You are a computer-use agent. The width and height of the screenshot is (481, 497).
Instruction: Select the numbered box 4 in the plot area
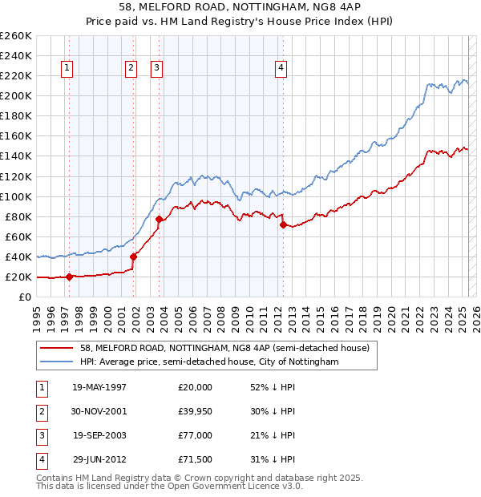click(281, 68)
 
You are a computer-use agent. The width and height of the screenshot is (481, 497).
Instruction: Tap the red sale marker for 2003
click(160, 219)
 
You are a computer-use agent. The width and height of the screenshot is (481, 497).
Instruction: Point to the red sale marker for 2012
click(283, 225)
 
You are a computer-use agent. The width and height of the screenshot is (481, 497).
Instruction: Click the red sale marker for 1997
click(69, 277)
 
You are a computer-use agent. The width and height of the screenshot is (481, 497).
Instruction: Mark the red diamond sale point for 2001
click(133, 257)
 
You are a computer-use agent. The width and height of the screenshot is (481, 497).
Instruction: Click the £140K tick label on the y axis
click(15, 156)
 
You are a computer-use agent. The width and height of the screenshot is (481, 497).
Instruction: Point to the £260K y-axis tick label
click(15, 36)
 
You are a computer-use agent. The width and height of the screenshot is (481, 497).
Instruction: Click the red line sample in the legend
click(55, 349)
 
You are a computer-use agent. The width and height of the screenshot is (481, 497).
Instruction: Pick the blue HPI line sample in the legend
click(55, 362)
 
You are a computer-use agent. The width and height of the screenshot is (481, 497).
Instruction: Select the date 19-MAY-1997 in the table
click(99, 387)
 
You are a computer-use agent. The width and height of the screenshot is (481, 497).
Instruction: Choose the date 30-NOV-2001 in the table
click(99, 410)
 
